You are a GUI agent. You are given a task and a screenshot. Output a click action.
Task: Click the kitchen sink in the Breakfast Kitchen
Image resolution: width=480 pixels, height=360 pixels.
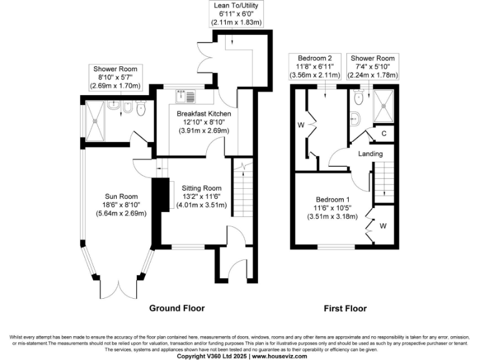(186, 96)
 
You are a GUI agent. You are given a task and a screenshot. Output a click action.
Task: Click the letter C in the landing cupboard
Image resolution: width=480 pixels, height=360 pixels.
(383, 132)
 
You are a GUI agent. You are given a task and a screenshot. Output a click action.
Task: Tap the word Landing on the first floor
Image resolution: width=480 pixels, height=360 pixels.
(370, 154)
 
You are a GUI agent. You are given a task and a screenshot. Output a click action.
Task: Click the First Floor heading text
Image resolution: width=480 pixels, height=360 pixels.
(344, 308)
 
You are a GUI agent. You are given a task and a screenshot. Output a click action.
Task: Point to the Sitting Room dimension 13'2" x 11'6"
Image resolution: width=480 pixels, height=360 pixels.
(201, 196)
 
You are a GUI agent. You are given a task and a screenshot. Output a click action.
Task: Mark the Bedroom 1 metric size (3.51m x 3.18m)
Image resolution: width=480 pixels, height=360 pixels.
(332, 217)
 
